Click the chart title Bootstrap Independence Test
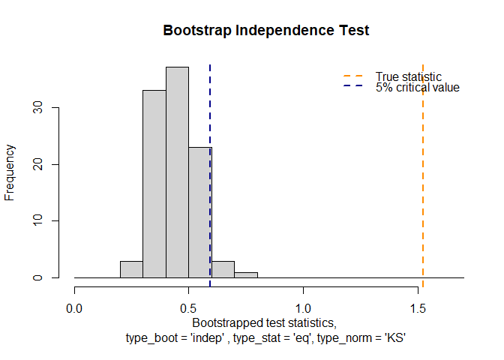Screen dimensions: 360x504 pos(266,31)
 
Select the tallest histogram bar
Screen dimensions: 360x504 pos(177,172)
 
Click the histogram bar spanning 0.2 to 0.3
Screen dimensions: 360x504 pos(131,270)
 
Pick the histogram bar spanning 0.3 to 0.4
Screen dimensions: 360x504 pos(154,184)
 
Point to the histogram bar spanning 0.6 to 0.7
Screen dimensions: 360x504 pos(223,270)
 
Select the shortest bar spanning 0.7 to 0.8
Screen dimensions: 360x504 pos(245,275)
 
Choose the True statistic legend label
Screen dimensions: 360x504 pos(408,76)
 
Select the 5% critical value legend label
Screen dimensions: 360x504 pos(417,88)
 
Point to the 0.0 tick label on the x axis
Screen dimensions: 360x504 pos(74,307)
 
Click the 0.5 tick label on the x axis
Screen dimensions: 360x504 pos(189,307)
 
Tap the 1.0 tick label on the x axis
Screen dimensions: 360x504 pos(303,307)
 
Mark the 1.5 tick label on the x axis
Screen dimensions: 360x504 pos(418,307)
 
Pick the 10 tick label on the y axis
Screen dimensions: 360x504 pos(45,220)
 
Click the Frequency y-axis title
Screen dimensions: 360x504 pos(10,172)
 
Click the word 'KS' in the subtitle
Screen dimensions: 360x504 pos(394,338)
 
